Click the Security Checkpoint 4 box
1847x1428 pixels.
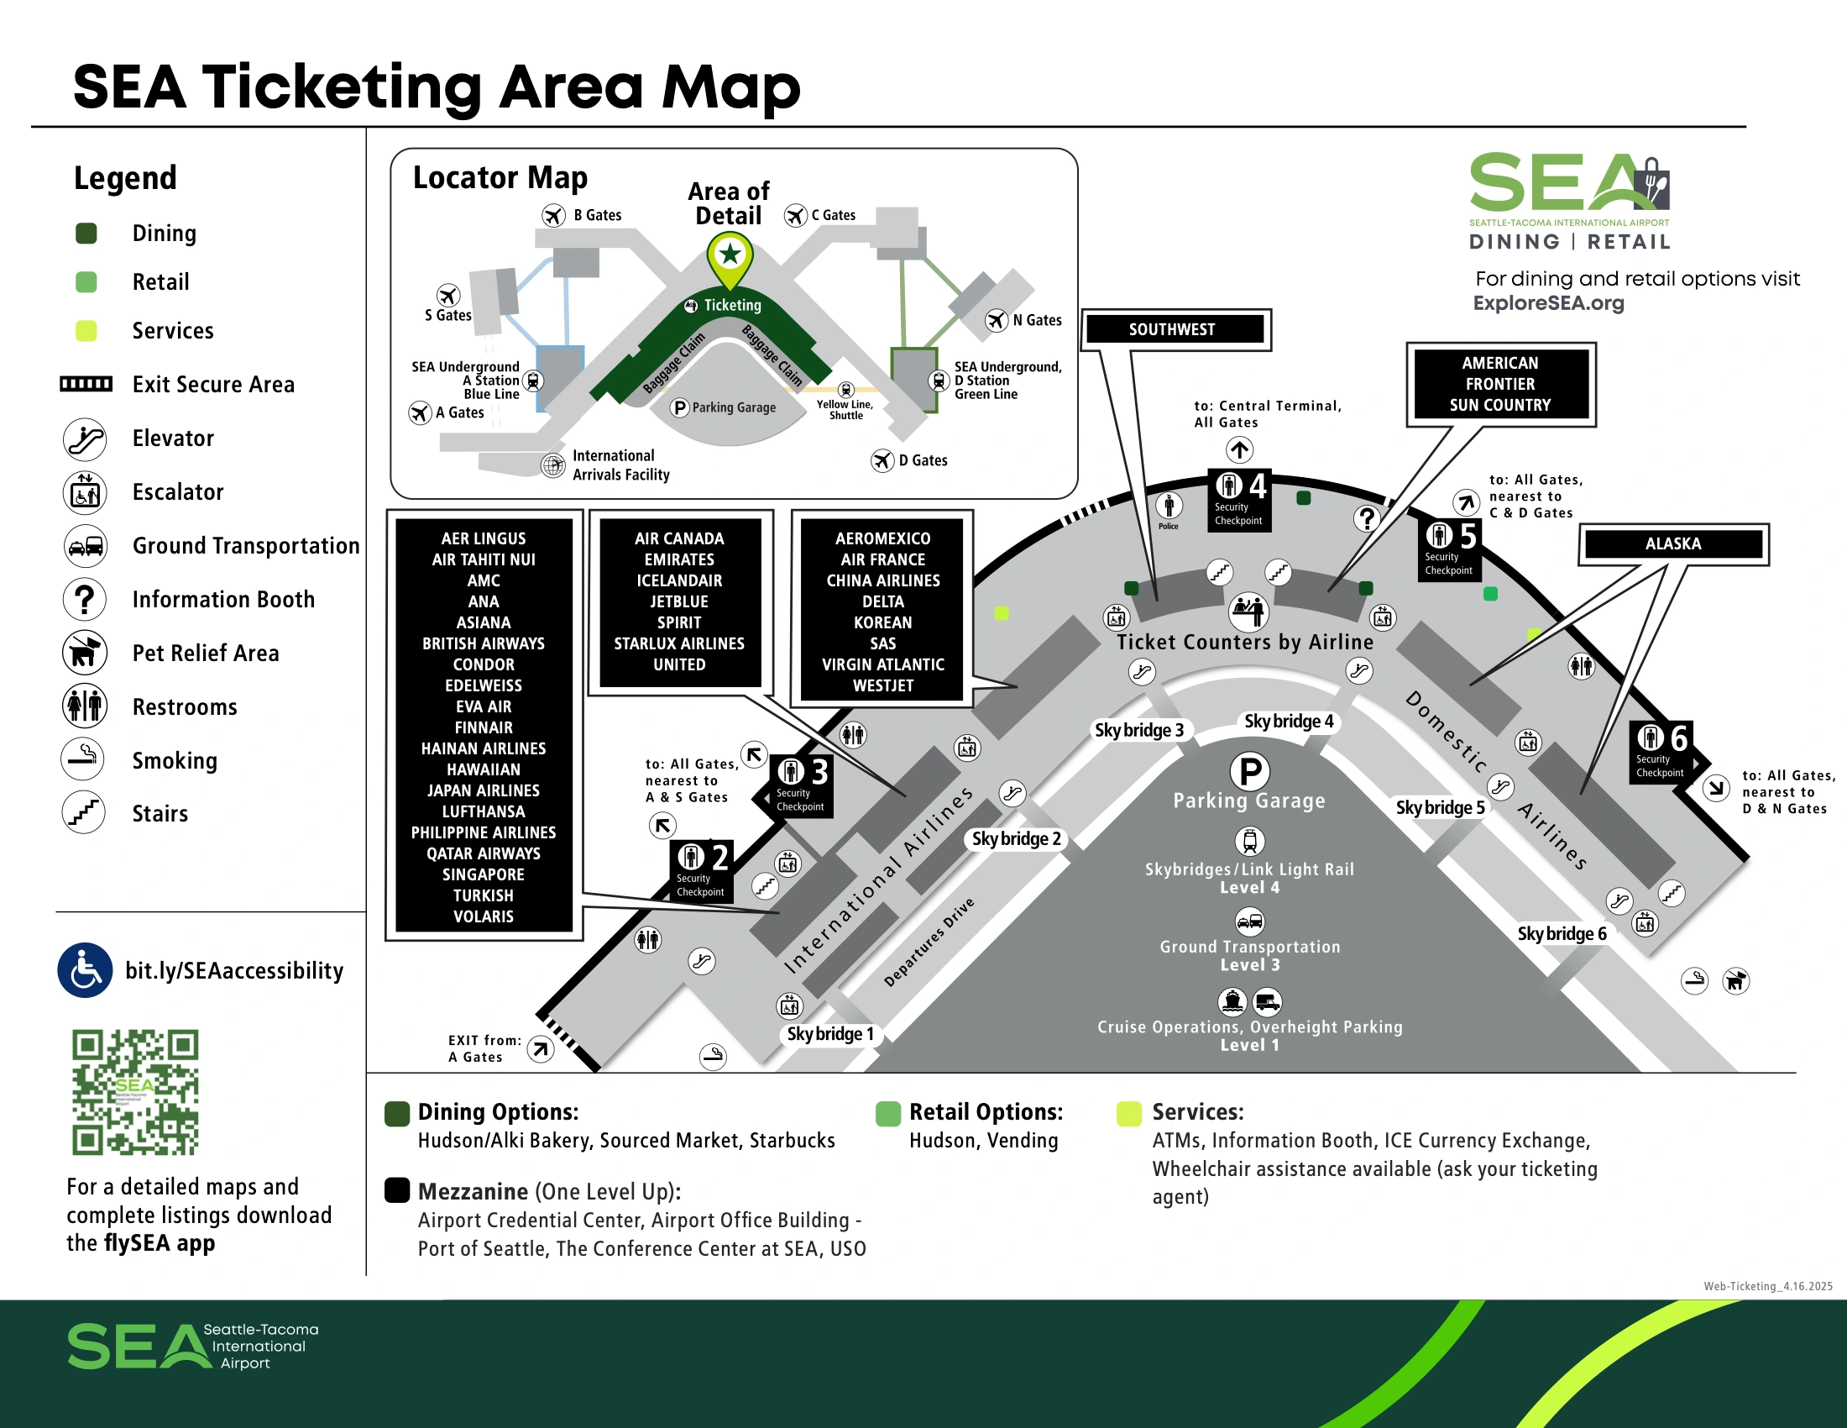click(1239, 500)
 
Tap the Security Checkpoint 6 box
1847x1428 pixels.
click(1661, 752)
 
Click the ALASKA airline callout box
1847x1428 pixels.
click(1672, 544)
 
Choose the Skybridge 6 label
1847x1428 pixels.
click(1562, 933)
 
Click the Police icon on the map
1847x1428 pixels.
click(1168, 511)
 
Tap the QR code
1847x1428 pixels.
click(135, 1092)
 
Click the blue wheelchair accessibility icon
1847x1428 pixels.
click(85, 970)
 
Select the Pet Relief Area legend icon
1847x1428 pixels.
click(85, 652)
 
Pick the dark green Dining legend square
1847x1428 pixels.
click(86, 234)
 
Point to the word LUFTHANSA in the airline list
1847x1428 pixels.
click(483, 811)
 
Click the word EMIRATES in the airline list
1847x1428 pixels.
click(679, 559)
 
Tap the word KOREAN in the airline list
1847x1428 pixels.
click(883, 622)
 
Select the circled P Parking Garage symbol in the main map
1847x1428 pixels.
click(1250, 770)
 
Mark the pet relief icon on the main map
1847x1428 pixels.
click(1735, 980)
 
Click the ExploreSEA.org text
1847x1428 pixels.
click(1547, 303)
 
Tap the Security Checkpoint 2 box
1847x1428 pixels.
click(701, 870)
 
